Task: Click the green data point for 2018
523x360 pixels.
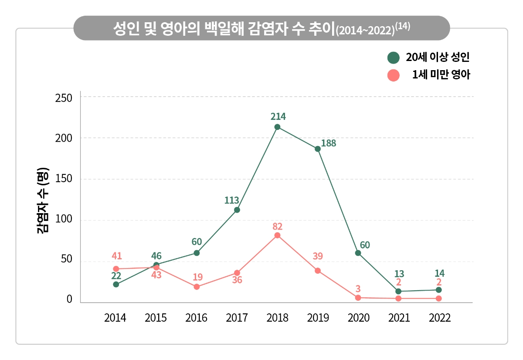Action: point(277,127)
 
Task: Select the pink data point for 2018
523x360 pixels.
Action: point(277,235)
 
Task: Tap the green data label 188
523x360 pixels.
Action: point(329,143)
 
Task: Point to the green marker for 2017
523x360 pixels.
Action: point(237,210)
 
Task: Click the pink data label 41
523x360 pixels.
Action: point(116,256)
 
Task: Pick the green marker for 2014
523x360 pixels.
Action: point(116,284)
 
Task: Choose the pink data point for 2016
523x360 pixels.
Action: point(197,287)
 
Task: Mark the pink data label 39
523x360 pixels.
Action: point(317,256)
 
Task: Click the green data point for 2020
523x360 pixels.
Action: point(358,253)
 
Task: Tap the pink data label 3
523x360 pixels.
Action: point(358,289)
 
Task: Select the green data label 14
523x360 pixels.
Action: point(439,273)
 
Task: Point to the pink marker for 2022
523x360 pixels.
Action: point(438,299)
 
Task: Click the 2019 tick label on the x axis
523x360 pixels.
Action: point(318,318)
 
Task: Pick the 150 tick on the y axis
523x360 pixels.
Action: point(63,179)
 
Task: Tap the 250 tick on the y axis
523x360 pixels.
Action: point(63,97)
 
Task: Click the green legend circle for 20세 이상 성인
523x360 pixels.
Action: point(394,58)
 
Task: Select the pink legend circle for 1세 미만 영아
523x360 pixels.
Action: point(394,75)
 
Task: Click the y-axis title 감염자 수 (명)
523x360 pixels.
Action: point(43,200)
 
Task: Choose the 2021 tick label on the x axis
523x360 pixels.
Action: point(399,318)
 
